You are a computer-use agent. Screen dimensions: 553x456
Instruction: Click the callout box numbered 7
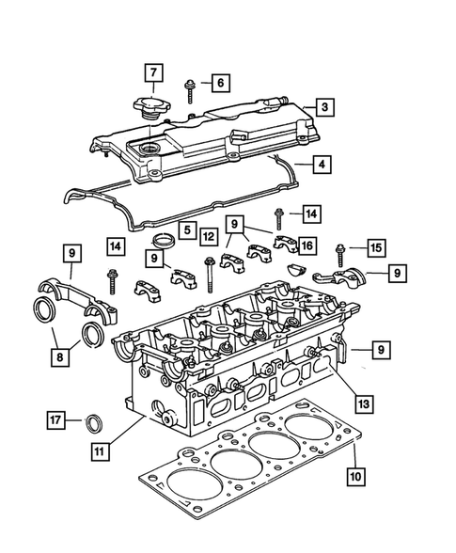[153, 72]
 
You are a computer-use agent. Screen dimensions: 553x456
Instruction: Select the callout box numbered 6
[218, 83]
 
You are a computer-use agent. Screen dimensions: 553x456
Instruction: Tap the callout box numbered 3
[322, 108]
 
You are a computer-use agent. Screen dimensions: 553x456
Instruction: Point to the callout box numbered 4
[322, 165]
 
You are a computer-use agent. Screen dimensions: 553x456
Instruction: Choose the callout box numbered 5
[188, 229]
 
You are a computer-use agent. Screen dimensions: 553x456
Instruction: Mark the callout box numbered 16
[307, 245]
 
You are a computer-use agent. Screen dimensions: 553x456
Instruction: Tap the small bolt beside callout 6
[190, 89]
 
